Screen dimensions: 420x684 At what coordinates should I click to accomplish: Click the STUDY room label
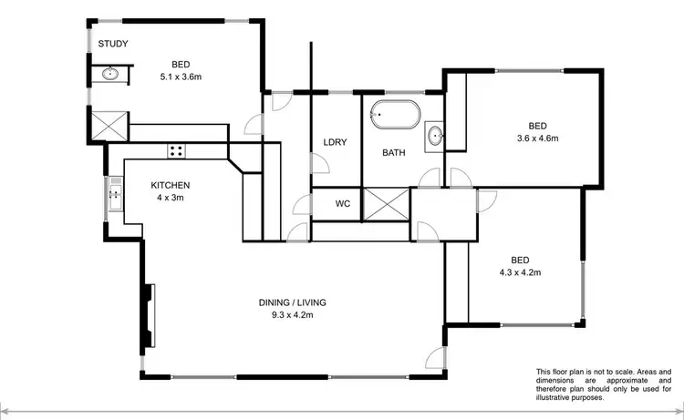(x=112, y=44)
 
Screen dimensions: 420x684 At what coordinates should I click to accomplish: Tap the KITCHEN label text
(x=170, y=185)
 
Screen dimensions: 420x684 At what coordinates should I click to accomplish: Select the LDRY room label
(x=334, y=141)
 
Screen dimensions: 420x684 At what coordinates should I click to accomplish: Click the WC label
(x=343, y=202)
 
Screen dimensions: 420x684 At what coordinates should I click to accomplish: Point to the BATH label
(x=393, y=153)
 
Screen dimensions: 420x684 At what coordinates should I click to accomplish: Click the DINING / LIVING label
(x=291, y=302)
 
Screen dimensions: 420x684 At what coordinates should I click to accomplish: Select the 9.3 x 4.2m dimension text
(x=291, y=316)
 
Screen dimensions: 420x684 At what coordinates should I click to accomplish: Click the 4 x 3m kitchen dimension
(x=170, y=198)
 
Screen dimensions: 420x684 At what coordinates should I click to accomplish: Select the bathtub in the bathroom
(x=395, y=117)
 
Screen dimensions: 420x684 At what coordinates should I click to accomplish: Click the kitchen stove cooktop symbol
(x=176, y=150)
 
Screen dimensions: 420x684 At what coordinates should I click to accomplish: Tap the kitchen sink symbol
(x=116, y=192)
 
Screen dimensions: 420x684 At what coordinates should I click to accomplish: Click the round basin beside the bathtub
(x=435, y=137)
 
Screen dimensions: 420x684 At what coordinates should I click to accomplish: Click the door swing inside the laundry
(x=320, y=165)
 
